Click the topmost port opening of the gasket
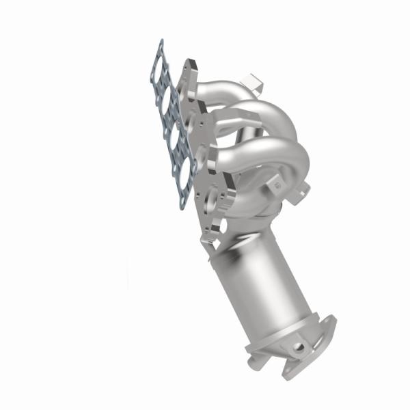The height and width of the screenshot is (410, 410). pos(161,65)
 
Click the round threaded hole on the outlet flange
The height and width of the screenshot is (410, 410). pos(298,347)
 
